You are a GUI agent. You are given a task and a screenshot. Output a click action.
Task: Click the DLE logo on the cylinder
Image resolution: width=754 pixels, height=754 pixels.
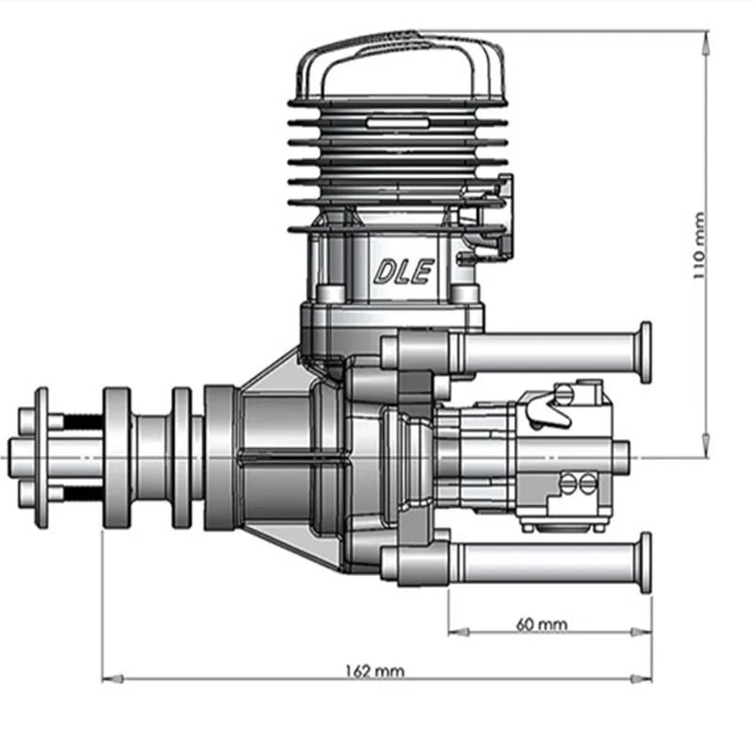tap(404, 271)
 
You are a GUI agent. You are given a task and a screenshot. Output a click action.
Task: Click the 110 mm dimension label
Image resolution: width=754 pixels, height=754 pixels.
tap(699, 245)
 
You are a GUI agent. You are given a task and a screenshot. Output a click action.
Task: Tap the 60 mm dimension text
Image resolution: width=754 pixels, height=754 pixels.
tap(542, 624)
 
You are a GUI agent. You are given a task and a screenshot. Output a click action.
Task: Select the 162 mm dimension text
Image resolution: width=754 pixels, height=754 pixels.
tap(375, 670)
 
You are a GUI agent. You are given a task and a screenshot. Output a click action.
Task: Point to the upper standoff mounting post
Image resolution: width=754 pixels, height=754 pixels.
tap(549, 352)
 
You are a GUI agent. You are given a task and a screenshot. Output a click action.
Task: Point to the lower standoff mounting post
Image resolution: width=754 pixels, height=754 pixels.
tap(549, 563)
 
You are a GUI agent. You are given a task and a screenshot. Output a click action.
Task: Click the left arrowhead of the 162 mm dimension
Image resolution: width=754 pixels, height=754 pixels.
tap(112, 679)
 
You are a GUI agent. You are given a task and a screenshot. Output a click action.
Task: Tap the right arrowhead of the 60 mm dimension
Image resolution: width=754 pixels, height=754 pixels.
tap(641, 631)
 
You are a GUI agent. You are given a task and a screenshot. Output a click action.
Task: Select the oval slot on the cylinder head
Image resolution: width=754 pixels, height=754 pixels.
tap(398, 123)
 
